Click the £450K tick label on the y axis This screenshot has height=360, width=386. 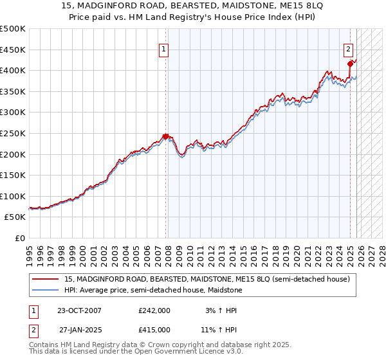point(13,50)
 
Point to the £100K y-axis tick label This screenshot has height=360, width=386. point(13,196)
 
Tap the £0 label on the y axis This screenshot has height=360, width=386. point(20,238)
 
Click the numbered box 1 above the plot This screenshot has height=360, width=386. point(163,49)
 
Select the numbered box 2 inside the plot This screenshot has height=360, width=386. point(348,49)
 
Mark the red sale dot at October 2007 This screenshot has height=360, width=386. point(165,136)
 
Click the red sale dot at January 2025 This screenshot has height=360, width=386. point(351,64)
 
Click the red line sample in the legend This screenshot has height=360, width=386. point(46,279)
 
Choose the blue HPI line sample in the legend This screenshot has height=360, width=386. point(46,290)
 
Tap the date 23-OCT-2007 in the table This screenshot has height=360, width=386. point(79,310)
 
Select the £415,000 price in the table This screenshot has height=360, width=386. point(154,329)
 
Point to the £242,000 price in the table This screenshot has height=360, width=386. point(154,310)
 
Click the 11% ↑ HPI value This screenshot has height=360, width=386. point(219,329)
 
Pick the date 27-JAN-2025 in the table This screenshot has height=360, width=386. point(79,329)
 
